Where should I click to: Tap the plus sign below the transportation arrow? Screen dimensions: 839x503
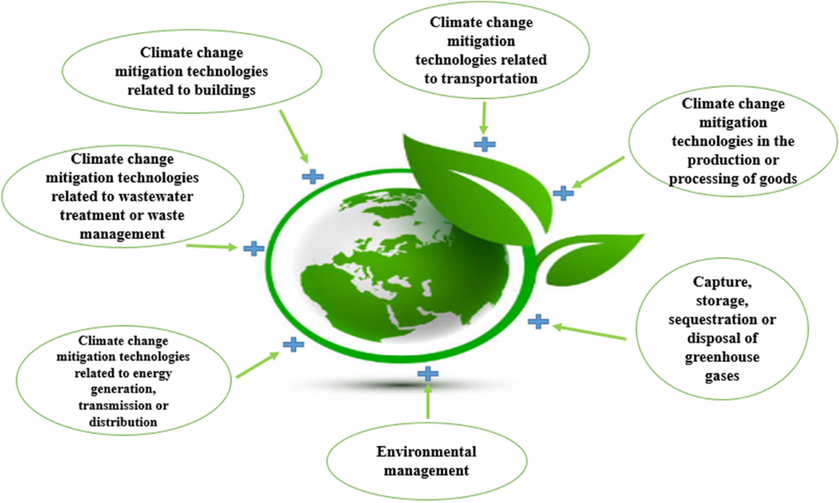[x=484, y=144]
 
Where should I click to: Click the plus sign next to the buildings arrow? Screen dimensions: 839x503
[x=313, y=176]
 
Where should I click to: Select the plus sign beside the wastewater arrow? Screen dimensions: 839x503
[x=253, y=248]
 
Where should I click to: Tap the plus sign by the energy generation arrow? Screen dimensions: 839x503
[x=294, y=343]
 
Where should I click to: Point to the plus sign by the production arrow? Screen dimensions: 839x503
[x=562, y=192]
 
